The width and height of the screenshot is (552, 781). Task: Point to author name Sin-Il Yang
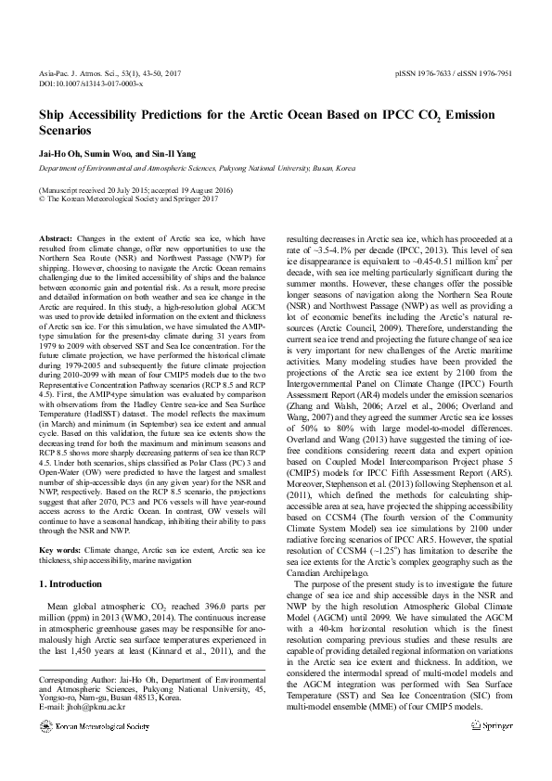point(178,152)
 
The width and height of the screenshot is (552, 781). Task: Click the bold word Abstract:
point(58,239)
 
